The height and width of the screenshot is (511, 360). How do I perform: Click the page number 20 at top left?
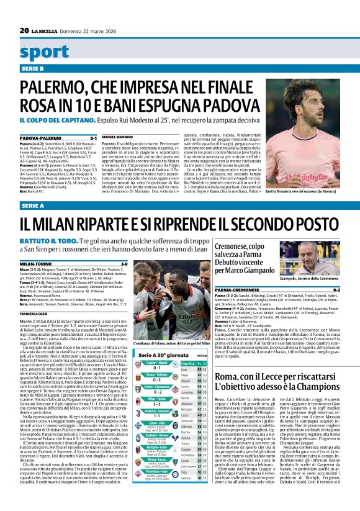point(24,30)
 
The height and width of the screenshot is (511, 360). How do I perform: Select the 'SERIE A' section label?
point(32,205)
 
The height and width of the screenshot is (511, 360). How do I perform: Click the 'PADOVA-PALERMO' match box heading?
point(38,137)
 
